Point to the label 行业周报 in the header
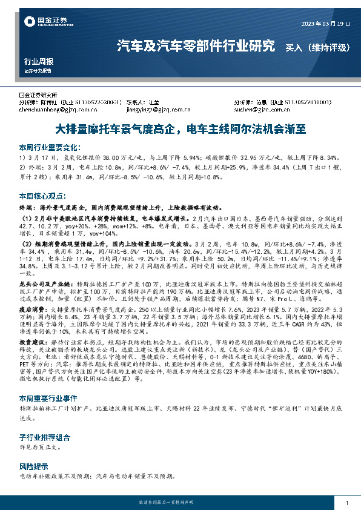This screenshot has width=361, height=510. (x=38, y=62)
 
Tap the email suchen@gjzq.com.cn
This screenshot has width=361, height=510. (x=257, y=110)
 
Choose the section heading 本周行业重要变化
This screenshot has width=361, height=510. (x=50, y=147)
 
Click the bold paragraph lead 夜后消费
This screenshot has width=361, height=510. (x=31, y=308)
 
